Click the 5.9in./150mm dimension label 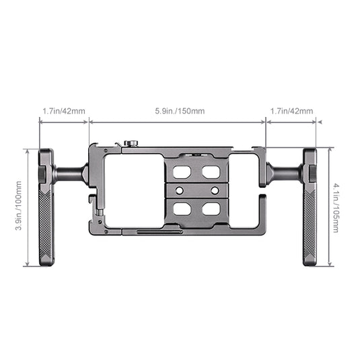pos(180,111)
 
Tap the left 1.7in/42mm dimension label pos(64,111)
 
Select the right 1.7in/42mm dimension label pos(291,111)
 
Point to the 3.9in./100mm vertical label pos(18,205)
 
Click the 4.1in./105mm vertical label pos(336,208)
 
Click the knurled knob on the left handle pos(42,174)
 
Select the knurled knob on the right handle pos(313,174)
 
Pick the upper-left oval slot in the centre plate pos(182,172)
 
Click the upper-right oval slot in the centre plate pos(211,172)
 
